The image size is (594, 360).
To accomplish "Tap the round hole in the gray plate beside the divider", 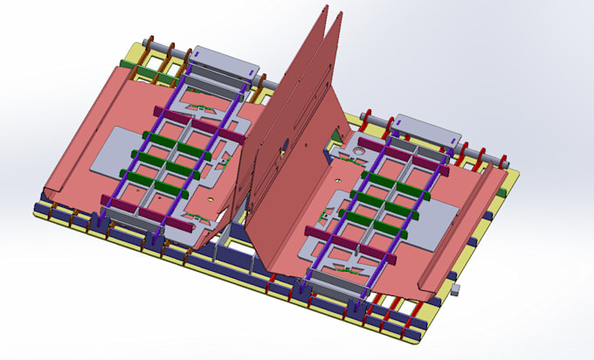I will click(358, 159).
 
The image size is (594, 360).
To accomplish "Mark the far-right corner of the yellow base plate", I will click(515, 175).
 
